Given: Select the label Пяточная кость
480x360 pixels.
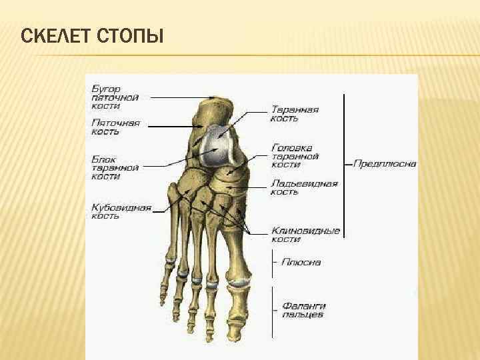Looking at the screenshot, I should (115, 127).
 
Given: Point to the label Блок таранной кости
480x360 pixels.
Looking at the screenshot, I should (114, 167).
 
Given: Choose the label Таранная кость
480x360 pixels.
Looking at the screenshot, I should (294, 113).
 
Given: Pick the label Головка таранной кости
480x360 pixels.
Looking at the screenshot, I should (295, 155).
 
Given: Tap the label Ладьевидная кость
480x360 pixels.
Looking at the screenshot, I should (303, 187).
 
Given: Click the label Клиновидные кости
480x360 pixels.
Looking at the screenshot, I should (305, 235).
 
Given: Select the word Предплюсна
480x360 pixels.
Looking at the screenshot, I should (385, 163).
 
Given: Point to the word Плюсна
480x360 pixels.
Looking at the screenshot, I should (301, 262).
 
